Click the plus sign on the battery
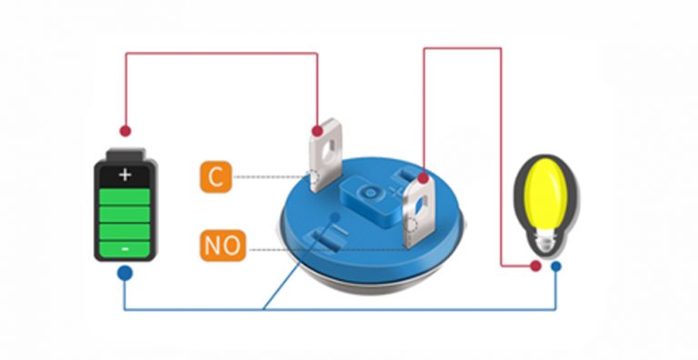pyautogui.click(x=125, y=175)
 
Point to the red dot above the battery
pyautogui.click(x=125, y=131)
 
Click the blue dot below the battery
pyautogui.click(x=125, y=273)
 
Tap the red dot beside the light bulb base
pyautogui.click(x=535, y=266)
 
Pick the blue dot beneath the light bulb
pyautogui.click(x=555, y=267)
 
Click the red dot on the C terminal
pyautogui.click(x=317, y=131)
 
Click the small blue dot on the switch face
pyautogui.click(x=336, y=216)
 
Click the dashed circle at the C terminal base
pyautogui.click(x=314, y=179)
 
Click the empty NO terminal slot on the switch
pyautogui.click(x=323, y=238)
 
